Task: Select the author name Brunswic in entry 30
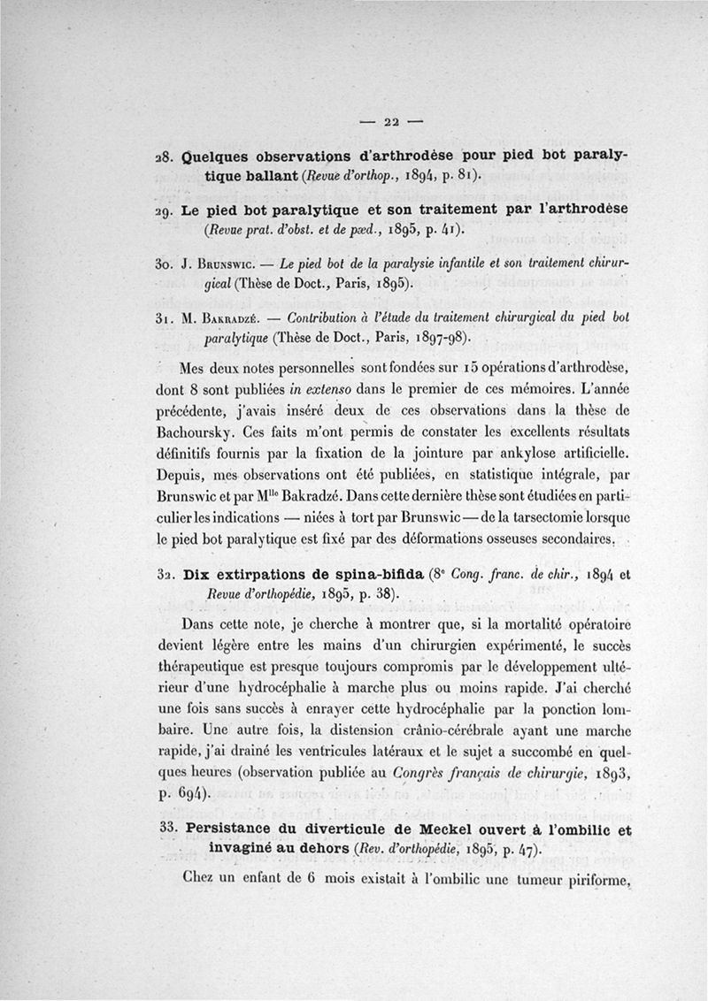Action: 220,264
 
